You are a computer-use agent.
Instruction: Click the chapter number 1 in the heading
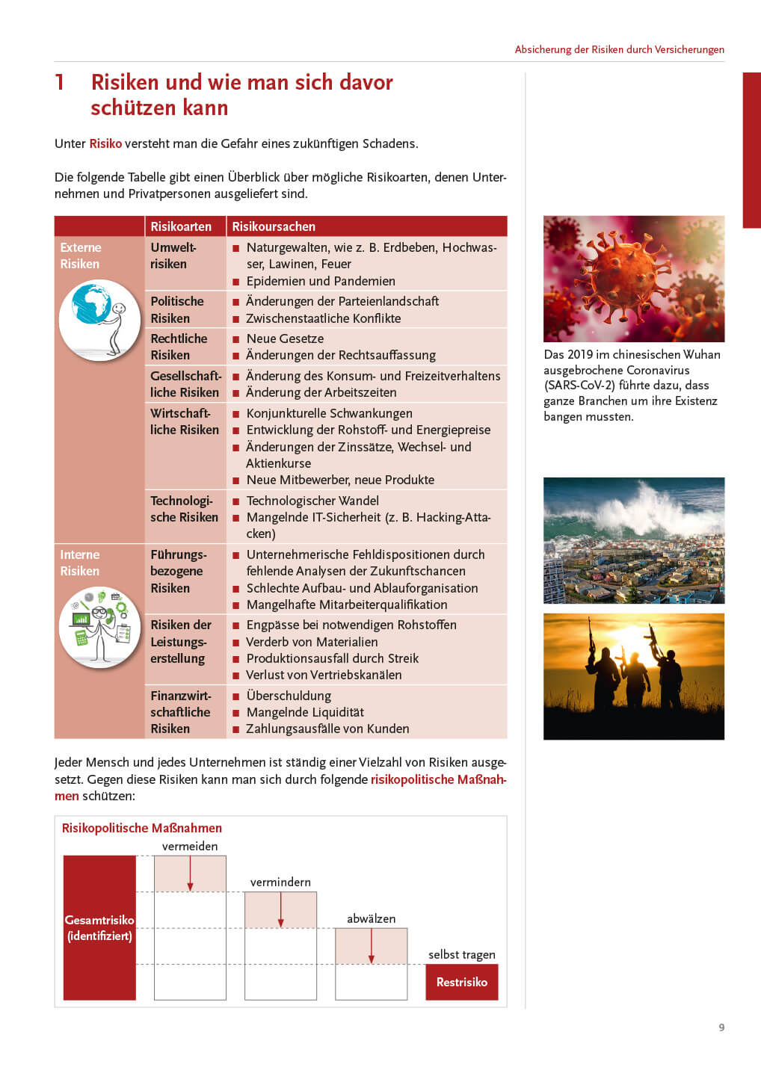(60, 82)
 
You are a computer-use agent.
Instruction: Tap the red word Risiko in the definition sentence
(105, 143)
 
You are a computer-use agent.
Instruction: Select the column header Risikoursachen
(274, 226)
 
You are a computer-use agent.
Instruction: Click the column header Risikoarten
(181, 226)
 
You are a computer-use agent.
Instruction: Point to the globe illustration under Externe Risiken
(99, 320)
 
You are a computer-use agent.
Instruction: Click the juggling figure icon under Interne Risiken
(99, 626)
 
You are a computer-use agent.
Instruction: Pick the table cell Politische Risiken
(177, 309)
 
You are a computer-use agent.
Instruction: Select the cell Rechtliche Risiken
(179, 347)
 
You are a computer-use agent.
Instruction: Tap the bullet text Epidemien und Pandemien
(321, 281)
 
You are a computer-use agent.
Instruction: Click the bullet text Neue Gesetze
(285, 338)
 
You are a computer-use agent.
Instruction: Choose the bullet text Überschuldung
(289, 696)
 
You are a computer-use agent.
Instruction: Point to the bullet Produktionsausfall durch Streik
(333, 658)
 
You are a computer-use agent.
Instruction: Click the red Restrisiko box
(461, 982)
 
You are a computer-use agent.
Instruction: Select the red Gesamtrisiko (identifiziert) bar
(99, 927)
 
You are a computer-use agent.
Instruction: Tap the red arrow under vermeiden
(191, 873)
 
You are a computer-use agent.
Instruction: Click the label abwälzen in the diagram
(371, 918)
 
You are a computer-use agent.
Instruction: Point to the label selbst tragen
(461, 954)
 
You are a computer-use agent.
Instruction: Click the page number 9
(721, 1027)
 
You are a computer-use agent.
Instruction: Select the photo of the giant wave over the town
(633, 540)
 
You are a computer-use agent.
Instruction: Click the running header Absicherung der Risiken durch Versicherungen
(619, 49)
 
